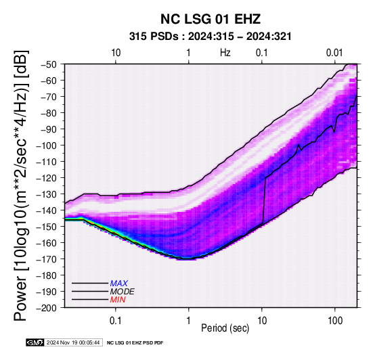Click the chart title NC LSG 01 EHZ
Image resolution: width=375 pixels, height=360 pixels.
[x=211, y=19]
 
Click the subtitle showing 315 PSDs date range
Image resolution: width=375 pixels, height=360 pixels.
[x=211, y=37]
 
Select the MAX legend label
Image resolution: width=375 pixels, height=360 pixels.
[x=119, y=284]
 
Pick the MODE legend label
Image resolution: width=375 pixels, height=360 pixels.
[x=123, y=292]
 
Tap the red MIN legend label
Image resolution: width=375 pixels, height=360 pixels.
[x=118, y=300]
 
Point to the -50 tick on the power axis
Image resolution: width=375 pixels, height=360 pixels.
[x=48, y=64]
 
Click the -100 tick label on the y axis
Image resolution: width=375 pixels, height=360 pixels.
[x=47, y=145]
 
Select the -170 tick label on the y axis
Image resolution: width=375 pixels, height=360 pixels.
[x=47, y=259]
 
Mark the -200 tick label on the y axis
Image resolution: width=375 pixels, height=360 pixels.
[x=47, y=308]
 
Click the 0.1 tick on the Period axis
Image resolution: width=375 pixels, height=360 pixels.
[x=116, y=321]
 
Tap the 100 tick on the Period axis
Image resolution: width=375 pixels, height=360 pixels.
[x=335, y=321]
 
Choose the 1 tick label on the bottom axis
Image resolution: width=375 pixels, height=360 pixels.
[x=188, y=321]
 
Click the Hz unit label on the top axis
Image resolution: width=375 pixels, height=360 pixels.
[x=225, y=53]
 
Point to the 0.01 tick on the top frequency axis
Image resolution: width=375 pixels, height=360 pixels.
[x=334, y=53]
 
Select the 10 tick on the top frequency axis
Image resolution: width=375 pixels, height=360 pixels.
[x=116, y=53]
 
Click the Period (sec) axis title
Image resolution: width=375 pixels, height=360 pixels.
[x=225, y=328]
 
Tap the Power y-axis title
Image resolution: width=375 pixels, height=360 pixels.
[x=21, y=185]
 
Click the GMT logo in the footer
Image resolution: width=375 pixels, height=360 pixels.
[x=35, y=342]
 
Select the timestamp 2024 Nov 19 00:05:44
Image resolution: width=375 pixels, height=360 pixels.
[x=73, y=342]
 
